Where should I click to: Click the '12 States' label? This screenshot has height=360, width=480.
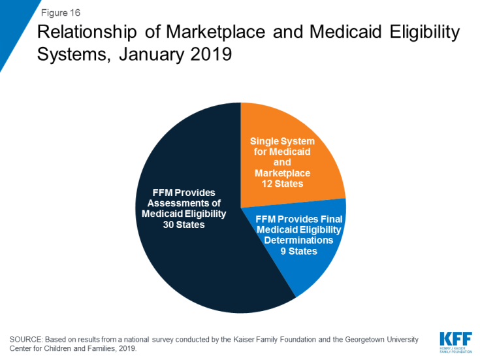click(283, 184)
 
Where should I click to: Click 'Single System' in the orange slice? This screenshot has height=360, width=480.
click(283, 141)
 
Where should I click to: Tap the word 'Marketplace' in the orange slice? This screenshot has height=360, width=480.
click(283, 173)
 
